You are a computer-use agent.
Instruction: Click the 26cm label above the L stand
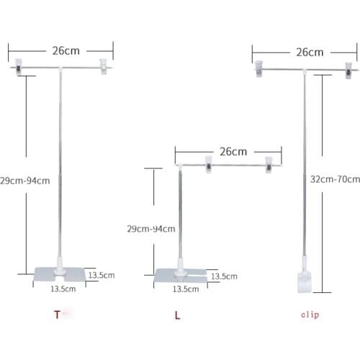click(233, 151)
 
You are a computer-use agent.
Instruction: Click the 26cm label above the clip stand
click(308, 52)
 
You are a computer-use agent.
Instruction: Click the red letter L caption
click(177, 315)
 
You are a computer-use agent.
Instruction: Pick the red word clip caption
click(310, 315)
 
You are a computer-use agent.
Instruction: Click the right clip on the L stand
click(270, 165)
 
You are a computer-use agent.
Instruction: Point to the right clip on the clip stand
click(351, 69)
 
